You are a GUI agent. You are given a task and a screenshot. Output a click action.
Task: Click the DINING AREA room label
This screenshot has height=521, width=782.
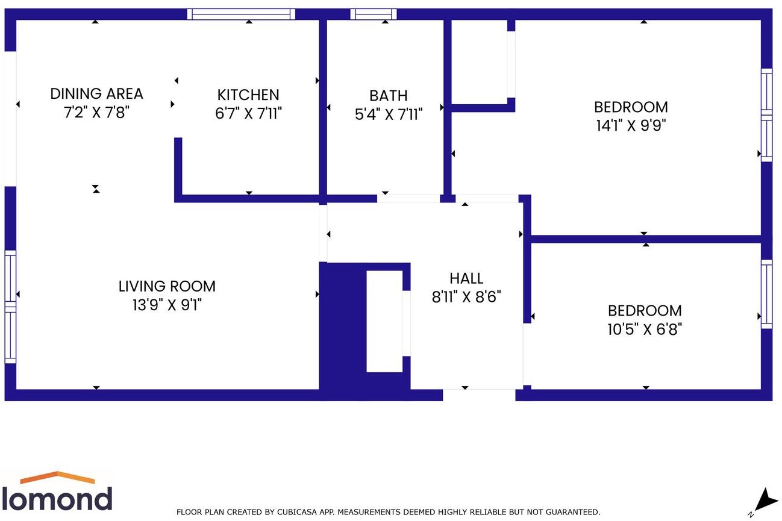(96, 93)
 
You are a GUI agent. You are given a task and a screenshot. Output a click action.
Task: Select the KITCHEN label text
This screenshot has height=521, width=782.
(248, 95)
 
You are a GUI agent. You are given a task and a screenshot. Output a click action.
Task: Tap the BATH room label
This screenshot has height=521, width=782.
(388, 95)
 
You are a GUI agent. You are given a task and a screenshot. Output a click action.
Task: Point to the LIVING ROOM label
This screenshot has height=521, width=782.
(167, 286)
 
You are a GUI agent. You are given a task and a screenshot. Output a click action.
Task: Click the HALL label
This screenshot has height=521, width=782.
(466, 278)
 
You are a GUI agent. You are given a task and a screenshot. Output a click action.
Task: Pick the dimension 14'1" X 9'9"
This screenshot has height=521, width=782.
(631, 125)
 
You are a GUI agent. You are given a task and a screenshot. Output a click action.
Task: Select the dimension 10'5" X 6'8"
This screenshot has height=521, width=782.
(645, 329)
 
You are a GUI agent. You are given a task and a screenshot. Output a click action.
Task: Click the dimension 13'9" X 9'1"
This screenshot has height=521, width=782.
(167, 305)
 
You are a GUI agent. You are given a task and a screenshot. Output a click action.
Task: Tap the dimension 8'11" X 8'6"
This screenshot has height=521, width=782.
(466, 296)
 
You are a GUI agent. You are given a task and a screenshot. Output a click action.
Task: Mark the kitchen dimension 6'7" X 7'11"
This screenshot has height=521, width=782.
(248, 113)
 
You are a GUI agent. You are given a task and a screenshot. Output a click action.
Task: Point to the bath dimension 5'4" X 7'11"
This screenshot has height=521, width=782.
(388, 114)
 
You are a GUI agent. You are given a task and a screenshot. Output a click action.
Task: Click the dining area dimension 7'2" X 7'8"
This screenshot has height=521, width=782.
(96, 112)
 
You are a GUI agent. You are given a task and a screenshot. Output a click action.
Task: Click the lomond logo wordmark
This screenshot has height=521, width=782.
(57, 499)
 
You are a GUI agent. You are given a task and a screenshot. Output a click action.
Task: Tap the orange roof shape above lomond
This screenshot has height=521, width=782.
(57, 478)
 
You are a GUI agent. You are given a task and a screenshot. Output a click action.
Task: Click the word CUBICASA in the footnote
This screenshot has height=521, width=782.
(298, 512)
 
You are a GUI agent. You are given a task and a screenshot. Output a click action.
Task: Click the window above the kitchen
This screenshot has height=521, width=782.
(241, 14)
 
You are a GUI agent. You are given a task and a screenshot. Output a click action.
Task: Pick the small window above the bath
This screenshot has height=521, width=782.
(374, 14)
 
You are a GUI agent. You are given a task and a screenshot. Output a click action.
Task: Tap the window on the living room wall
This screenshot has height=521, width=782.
(10, 307)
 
